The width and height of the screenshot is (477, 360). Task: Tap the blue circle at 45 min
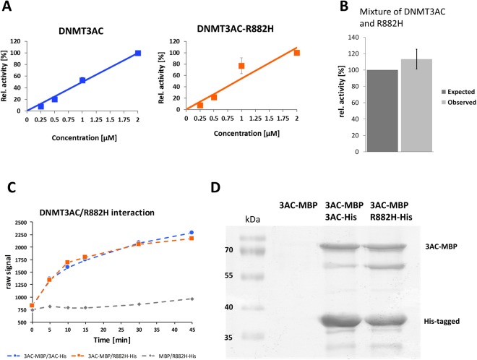[x=192, y=233]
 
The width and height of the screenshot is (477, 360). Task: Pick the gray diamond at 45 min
[x=192, y=298]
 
